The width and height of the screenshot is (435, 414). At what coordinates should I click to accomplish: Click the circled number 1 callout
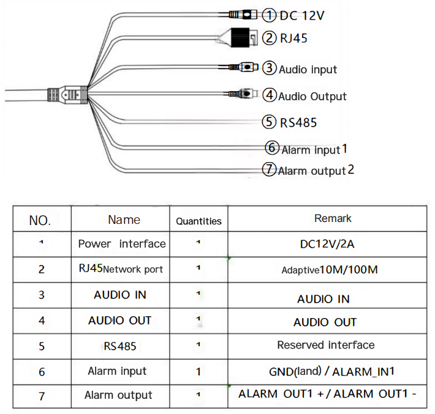click(x=270, y=15)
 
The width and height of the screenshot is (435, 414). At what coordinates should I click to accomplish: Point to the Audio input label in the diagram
click(x=308, y=69)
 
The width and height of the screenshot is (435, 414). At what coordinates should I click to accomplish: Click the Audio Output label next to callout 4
click(x=312, y=96)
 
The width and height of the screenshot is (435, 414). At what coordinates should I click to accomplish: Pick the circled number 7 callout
click(x=270, y=169)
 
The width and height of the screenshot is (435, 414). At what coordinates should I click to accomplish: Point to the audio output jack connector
click(x=245, y=94)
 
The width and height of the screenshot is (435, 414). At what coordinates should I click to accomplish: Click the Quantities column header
click(x=199, y=221)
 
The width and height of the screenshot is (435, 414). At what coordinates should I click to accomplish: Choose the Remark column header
click(x=333, y=218)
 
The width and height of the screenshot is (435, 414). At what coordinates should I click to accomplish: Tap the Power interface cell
click(x=121, y=244)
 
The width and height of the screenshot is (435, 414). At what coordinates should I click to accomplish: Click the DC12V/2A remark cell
click(x=327, y=245)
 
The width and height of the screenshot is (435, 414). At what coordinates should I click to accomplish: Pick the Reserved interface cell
click(x=325, y=345)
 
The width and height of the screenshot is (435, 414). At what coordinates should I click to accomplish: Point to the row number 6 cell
click(x=42, y=371)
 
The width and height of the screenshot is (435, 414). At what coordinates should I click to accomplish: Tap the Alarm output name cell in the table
click(x=118, y=395)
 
